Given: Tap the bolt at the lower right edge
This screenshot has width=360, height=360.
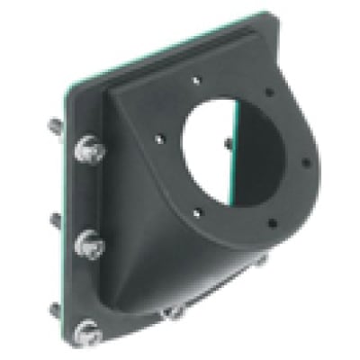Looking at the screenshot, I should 262,262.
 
